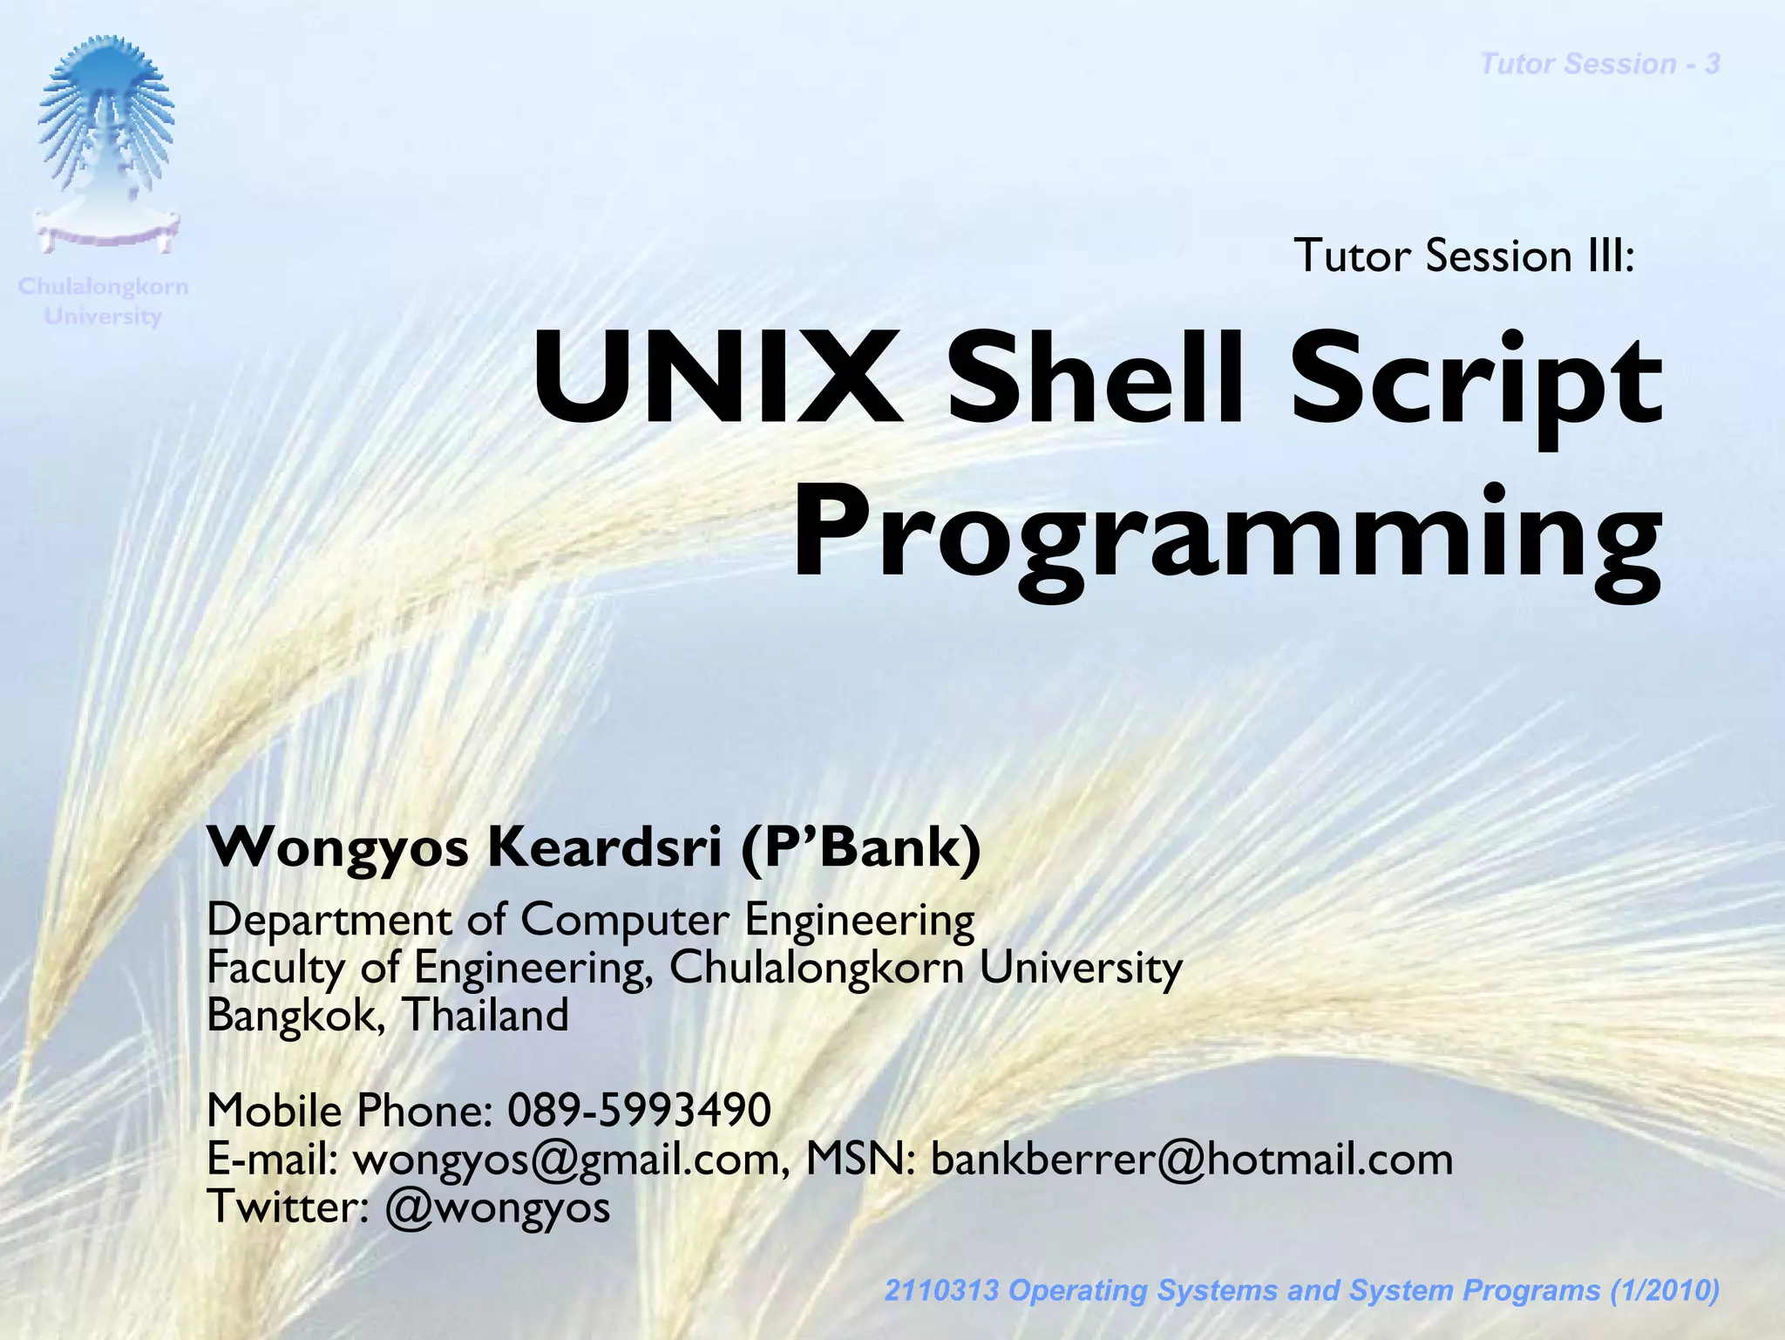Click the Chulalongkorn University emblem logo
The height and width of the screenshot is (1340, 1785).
click(x=105, y=144)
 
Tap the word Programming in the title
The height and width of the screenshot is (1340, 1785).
click(x=1226, y=534)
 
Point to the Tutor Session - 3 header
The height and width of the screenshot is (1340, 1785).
click(x=1599, y=65)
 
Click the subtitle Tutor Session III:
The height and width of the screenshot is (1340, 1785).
click(x=1463, y=256)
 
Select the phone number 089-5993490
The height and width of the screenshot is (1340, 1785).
click(x=639, y=1111)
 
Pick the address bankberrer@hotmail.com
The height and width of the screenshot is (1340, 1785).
click(x=1191, y=1160)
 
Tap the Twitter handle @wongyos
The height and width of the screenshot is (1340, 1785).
click(x=497, y=1207)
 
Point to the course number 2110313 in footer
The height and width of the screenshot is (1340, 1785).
click(x=940, y=1290)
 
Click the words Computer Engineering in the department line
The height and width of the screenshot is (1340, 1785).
click(x=747, y=921)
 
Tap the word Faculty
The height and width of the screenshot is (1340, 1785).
click(x=275, y=969)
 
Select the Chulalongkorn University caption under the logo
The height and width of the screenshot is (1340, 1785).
click(x=103, y=302)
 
